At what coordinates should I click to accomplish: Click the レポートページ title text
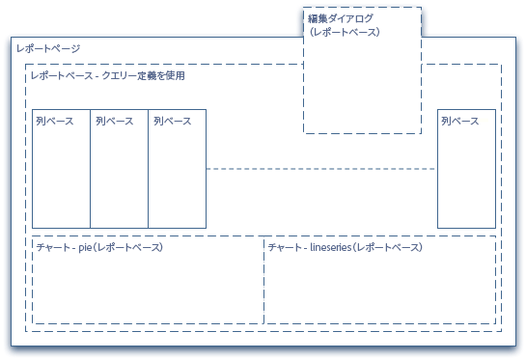49,48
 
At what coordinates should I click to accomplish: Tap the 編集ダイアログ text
340,18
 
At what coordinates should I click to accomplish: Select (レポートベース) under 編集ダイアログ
344,32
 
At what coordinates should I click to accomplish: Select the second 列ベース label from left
114,122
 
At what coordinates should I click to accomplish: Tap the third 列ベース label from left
172,122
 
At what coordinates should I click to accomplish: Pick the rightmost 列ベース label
459,122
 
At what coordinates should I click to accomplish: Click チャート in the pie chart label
51,248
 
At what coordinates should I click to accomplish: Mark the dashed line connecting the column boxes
320,169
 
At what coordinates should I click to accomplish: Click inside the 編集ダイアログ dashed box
362,87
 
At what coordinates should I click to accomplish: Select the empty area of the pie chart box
147,290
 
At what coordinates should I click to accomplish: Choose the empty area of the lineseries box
379,290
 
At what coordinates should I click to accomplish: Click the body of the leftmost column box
61,179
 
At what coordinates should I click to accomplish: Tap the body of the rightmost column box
466,179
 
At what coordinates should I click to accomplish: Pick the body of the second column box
119,179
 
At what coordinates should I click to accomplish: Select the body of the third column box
177,179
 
